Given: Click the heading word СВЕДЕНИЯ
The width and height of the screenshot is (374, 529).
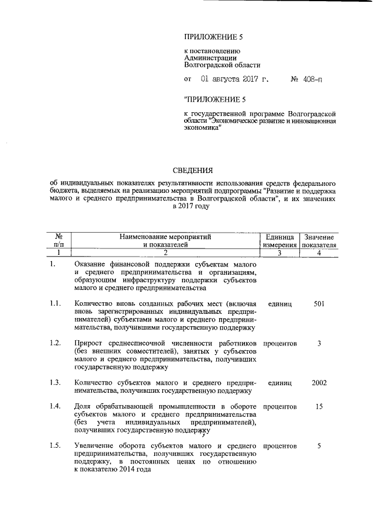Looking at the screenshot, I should (192, 171).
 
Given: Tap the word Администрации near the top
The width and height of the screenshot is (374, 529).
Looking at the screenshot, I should (210, 58).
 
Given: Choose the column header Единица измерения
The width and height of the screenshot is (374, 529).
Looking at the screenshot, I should (279, 241).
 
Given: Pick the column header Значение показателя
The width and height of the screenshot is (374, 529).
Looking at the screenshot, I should (318, 241).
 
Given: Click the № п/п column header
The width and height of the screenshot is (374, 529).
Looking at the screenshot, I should (58, 241).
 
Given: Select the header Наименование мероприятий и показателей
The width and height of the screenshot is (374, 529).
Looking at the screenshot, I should (164, 241).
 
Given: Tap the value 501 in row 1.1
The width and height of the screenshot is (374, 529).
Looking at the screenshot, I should (319, 304).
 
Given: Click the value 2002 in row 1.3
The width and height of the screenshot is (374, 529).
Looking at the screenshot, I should (319, 383).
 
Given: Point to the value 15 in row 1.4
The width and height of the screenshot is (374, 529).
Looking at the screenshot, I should (319, 406).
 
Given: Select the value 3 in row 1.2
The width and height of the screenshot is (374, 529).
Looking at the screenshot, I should (319, 343).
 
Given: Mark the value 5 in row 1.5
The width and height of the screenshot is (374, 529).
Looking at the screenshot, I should (319, 446).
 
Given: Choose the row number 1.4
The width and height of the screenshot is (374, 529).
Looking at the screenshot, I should (56, 406).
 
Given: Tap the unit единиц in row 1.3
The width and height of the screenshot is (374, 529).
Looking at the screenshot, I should (279, 383).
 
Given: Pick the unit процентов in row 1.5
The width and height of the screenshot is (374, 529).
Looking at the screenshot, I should (279, 446).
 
